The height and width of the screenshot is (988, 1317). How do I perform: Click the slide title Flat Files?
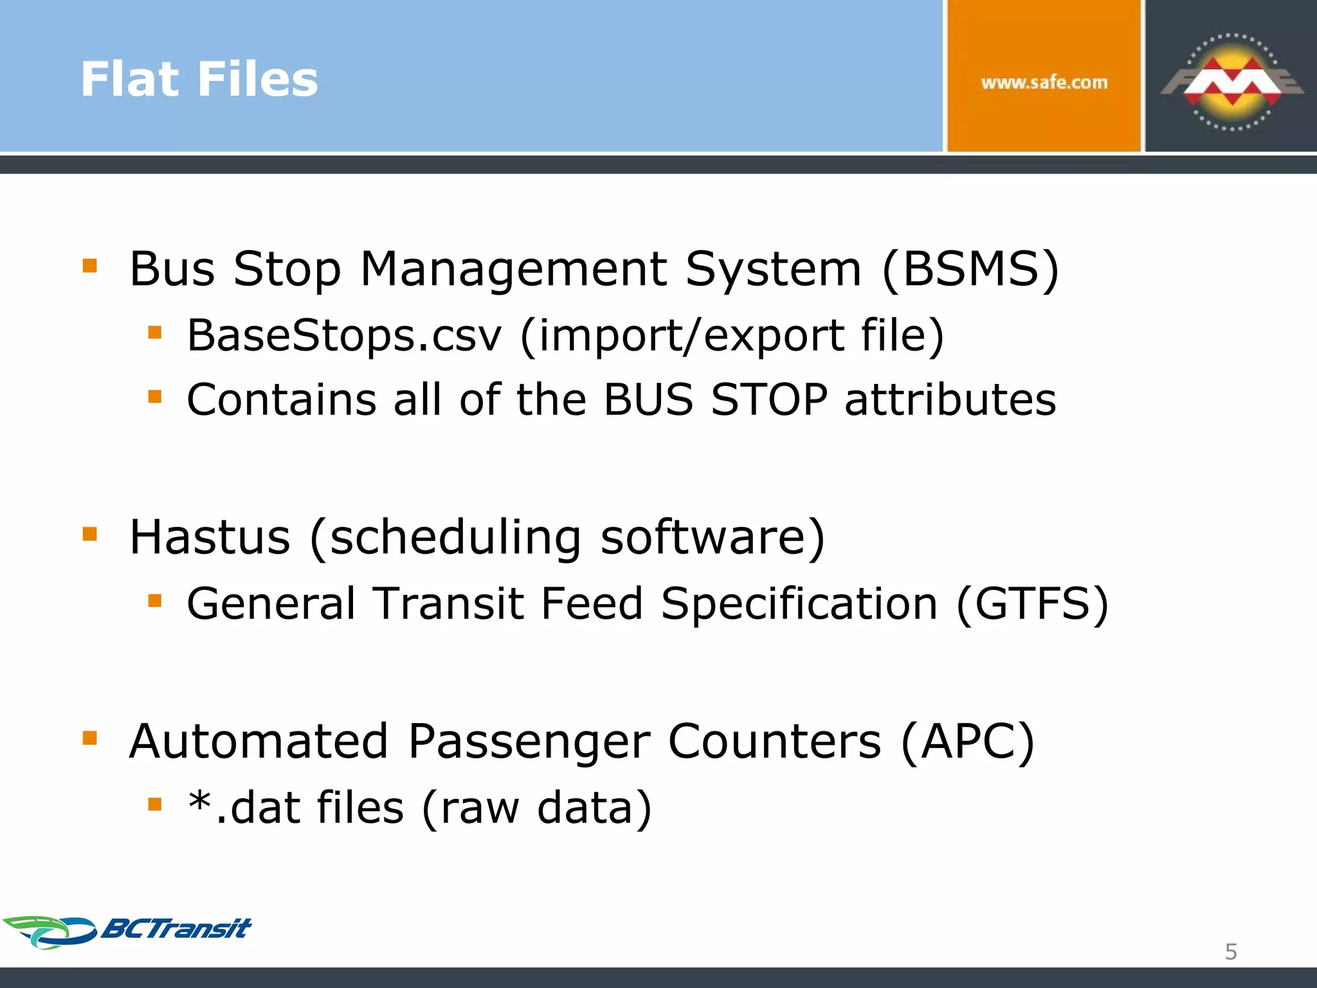click(199, 79)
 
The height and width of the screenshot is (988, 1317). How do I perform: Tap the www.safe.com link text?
click(1044, 82)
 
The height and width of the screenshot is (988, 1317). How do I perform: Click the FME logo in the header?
click(1231, 82)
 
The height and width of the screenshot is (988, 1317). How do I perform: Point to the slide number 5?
click(1231, 951)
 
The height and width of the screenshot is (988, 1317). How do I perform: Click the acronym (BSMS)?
click(970, 269)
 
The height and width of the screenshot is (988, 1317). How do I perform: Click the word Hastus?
click(210, 537)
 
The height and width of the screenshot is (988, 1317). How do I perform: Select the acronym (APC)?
click(968, 742)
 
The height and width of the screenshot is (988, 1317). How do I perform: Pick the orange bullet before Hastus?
click(90, 533)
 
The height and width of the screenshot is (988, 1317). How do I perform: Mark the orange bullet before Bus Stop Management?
click(90, 265)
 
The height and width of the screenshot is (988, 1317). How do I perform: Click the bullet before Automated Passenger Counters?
click(90, 737)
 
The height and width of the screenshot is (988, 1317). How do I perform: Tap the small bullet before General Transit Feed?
click(154, 601)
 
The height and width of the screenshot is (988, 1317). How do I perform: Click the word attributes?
click(950, 399)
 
